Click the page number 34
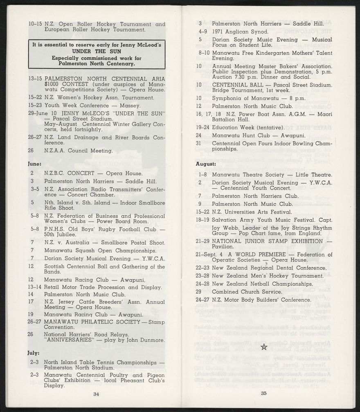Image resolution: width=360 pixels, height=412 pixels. tap(96, 394)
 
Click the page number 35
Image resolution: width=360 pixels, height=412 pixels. tap(264, 394)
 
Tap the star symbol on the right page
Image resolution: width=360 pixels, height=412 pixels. tap(264, 347)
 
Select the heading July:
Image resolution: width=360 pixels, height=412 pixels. tap(34, 353)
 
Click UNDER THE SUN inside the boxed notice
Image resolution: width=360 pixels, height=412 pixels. tap(97, 52)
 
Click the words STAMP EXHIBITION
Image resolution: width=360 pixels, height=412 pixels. tap(292, 241)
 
